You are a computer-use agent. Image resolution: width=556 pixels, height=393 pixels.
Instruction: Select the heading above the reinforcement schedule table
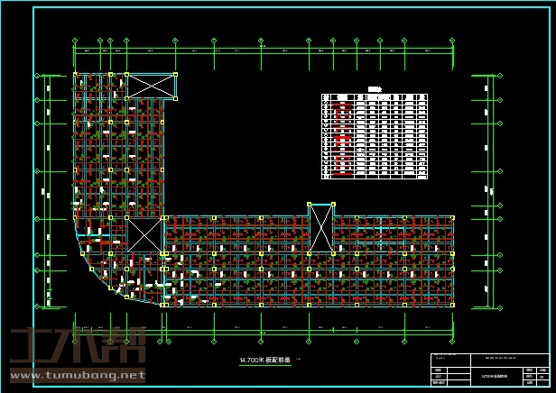(374, 88)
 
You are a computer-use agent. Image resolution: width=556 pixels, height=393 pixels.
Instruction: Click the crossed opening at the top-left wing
(151, 87)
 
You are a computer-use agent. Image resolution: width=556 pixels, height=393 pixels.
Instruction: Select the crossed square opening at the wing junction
(144, 235)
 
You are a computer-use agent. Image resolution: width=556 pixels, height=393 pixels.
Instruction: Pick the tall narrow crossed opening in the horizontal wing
(320, 229)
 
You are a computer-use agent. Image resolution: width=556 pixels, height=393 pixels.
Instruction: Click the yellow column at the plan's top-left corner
(74, 74)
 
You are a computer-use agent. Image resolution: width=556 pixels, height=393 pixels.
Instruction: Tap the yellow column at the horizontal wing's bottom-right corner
(453, 306)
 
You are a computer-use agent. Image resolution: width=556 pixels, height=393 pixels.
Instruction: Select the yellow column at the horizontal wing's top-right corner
(453, 217)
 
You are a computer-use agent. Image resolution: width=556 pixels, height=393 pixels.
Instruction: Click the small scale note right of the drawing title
(299, 361)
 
